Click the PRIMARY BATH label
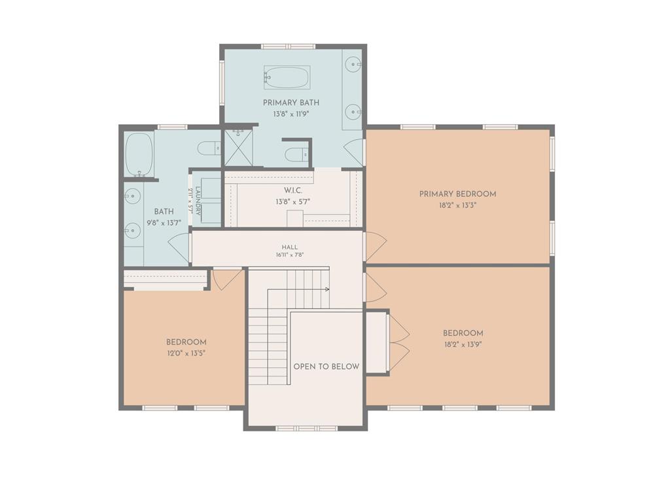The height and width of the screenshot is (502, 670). point(291,103)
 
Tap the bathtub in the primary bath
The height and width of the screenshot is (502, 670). point(287,77)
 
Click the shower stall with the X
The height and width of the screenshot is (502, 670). point(238,146)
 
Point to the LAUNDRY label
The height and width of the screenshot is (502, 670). point(198,200)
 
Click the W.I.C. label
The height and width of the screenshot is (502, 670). point(292,190)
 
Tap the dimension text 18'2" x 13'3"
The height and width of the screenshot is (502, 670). point(457,205)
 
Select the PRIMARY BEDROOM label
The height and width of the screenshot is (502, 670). point(457,193)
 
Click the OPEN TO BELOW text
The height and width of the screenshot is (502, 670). point(326,366)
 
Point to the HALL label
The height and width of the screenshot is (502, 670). point(290,247)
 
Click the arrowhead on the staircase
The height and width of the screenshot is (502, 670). point(327,290)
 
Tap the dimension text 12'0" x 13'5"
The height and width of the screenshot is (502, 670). point(186,354)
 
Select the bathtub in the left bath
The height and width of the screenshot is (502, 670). point(139,154)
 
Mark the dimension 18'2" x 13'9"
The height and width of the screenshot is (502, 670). point(463,344)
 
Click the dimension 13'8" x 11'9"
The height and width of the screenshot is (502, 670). point(291,114)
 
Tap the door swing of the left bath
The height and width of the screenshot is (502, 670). point(179,248)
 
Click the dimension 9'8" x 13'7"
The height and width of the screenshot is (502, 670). point(164,223)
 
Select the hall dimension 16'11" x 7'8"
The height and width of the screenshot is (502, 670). point(290,256)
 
